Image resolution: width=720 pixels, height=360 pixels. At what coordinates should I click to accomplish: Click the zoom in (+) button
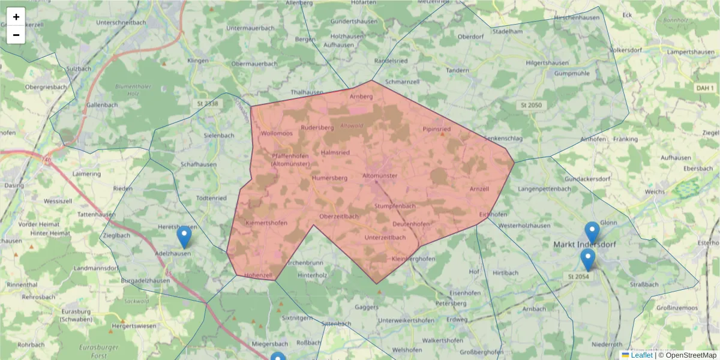[16, 17]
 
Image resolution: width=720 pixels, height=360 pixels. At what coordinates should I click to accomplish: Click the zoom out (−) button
[16, 35]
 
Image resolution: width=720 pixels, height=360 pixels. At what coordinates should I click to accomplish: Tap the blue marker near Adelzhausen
[184, 238]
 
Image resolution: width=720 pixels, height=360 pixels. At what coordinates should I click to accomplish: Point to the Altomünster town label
[380, 176]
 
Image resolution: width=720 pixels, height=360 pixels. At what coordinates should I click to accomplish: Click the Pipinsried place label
[437, 129]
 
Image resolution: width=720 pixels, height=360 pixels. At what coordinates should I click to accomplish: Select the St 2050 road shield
[530, 105]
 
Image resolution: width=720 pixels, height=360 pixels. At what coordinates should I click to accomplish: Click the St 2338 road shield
[208, 104]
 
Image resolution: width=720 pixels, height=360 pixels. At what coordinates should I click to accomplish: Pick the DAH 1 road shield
[705, 88]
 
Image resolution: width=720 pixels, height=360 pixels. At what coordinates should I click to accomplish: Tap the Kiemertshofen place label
[266, 223]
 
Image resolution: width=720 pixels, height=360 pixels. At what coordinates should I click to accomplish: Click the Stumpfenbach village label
[395, 206]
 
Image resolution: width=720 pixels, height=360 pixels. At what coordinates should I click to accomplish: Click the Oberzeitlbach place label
[339, 216]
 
